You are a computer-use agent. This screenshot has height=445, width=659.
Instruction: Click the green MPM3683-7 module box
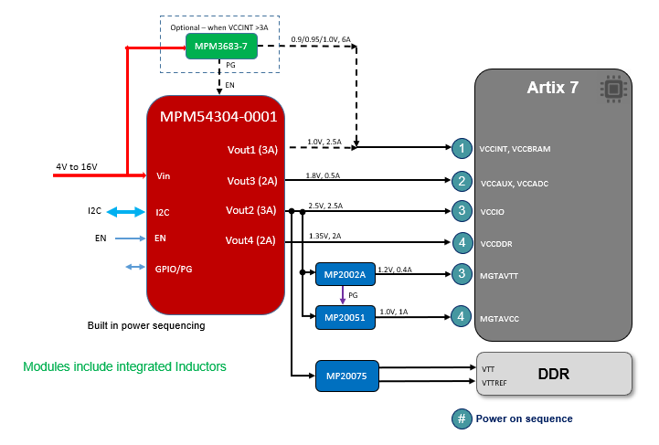click(x=220, y=46)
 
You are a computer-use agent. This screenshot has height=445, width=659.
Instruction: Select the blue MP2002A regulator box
click(x=343, y=273)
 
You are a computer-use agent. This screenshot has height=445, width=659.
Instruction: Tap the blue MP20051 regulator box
click(x=343, y=317)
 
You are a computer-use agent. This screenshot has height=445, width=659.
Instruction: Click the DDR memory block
click(x=554, y=375)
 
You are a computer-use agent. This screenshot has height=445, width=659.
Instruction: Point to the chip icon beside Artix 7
click(x=611, y=89)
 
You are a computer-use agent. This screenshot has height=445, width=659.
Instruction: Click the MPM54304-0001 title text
click(x=218, y=117)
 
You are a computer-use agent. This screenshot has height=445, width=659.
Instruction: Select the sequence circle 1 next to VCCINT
click(x=463, y=147)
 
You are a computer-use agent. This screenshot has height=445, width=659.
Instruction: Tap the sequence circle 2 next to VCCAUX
click(x=463, y=181)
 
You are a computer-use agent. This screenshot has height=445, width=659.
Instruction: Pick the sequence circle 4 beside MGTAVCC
click(x=463, y=316)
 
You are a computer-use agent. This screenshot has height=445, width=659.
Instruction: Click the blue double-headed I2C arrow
click(x=127, y=212)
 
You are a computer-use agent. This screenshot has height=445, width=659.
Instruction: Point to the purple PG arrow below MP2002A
click(x=343, y=294)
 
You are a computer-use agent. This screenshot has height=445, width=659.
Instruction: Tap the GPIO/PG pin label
click(x=174, y=269)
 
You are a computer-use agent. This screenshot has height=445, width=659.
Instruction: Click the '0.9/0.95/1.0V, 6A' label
click(x=321, y=39)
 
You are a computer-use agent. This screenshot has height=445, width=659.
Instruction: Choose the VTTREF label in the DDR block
click(x=494, y=383)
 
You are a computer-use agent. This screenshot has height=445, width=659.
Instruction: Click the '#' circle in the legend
click(x=462, y=419)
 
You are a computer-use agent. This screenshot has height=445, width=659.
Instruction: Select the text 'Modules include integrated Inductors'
click(x=124, y=366)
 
